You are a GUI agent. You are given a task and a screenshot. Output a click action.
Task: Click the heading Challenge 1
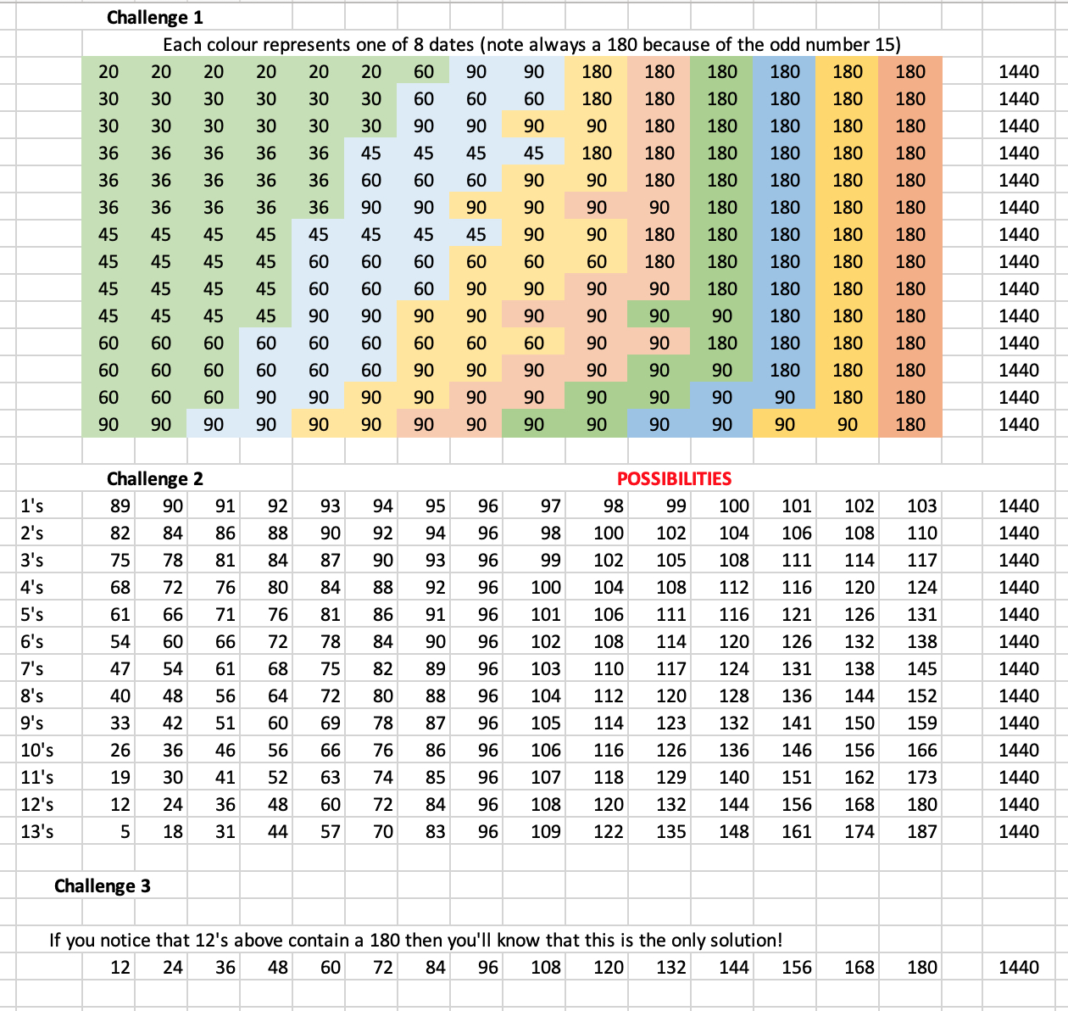pyautogui.click(x=154, y=17)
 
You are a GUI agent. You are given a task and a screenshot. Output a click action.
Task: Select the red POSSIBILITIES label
pyautogui.click(x=674, y=478)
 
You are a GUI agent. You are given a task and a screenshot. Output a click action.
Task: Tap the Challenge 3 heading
pyautogui.click(x=102, y=885)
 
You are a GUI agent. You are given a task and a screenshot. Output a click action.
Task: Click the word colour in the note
pyautogui.click(x=235, y=44)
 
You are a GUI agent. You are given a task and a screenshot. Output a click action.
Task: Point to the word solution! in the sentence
pyautogui.click(x=742, y=940)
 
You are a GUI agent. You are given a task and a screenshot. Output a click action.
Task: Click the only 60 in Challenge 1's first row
pyautogui.click(x=424, y=71)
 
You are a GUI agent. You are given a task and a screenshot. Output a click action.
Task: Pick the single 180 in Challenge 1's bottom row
pyautogui.click(x=910, y=424)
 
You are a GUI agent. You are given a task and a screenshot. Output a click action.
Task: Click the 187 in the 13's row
pyautogui.click(x=921, y=831)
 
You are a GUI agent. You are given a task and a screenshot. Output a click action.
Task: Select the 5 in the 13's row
pyautogui.click(x=125, y=831)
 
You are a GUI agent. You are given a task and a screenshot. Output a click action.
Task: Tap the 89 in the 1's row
pyautogui.click(x=120, y=505)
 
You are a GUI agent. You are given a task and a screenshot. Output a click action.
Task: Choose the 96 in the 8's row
pyautogui.click(x=487, y=695)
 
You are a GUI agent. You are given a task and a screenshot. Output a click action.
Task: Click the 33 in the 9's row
pyautogui.click(x=120, y=723)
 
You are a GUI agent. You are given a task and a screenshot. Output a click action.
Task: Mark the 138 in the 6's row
pyautogui.click(x=921, y=641)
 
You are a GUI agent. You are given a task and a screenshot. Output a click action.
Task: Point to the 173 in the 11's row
pyautogui.click(x=921, y=777)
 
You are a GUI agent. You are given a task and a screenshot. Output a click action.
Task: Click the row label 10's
pyautogui.click(x=37, y=750)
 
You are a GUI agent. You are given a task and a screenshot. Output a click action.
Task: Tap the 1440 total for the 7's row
pyautogui.click(x=1018, y=668)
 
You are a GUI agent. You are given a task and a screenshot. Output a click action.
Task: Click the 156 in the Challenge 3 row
pyautogui.click(x=796, y=967)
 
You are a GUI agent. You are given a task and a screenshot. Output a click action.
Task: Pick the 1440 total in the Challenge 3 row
pyautogui.click(x=1018, y=967)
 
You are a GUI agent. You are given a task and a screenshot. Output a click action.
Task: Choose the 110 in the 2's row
pyautogui.click(x=921, y=533)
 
